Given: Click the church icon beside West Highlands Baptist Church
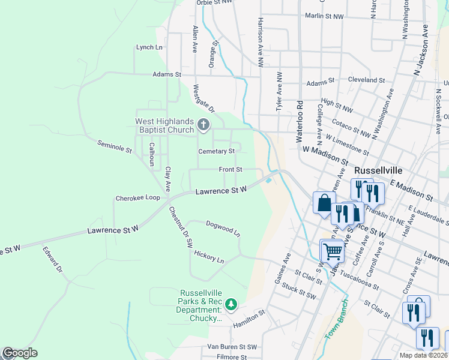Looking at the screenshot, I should (x=203, y=126).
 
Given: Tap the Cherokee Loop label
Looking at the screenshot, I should (x=138, y=197).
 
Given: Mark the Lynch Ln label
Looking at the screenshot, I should (x=149, y=47).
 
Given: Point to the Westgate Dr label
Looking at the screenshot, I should (x=203, y=98).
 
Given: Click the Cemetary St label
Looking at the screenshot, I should (x=216, y=151).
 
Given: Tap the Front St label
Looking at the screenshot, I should (x=230, y=170).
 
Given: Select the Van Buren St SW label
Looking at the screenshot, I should (x=232, y=347).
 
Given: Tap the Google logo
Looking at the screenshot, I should (x=20, y=353).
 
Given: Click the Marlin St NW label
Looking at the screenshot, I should (x=324, y=16).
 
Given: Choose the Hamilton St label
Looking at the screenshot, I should (x=249, y=316).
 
